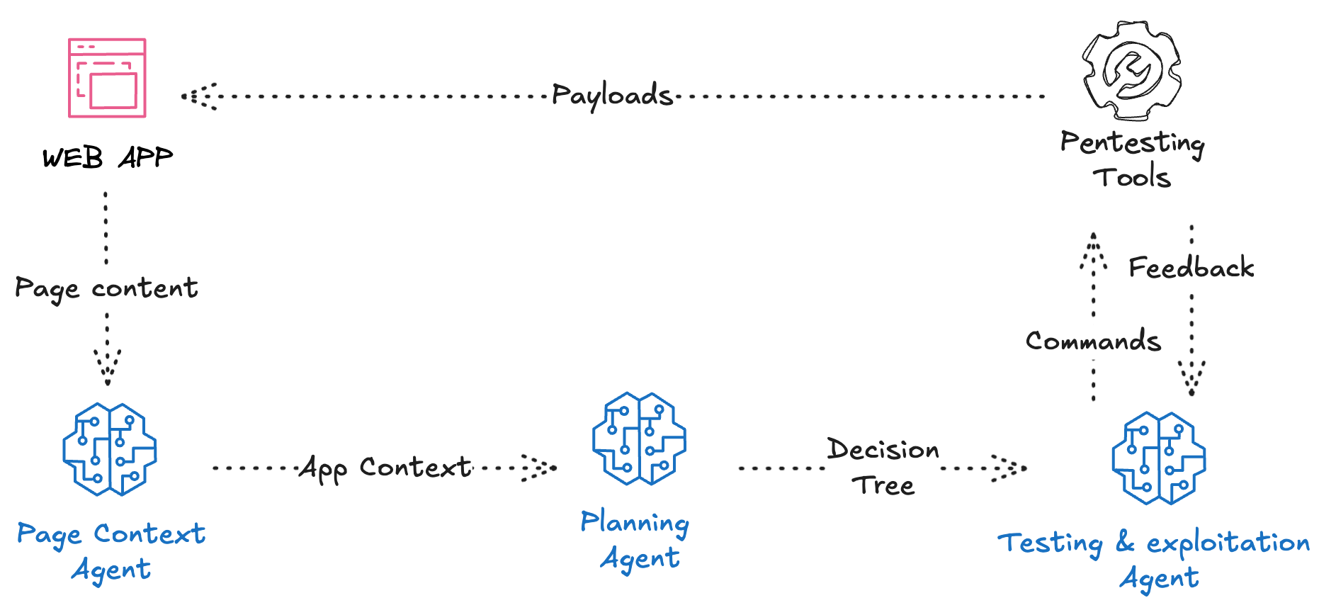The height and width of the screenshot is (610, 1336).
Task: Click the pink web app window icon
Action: coord(107,78)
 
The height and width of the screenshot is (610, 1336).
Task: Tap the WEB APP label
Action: coord(107,157)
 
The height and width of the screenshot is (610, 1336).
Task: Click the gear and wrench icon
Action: coord(1132,70)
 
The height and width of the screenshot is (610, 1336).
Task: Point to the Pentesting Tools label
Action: coord(1132,159)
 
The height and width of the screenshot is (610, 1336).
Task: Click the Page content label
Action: coord(106,288)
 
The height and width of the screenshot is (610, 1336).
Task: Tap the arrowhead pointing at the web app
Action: coord(198,96)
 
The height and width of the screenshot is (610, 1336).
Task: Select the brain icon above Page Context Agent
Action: coord(110,449)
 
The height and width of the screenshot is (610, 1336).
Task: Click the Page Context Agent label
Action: coord(111,551)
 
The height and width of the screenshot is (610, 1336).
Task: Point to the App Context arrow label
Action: coord(385,468)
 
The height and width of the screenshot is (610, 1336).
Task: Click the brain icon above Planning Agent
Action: coord(639,439)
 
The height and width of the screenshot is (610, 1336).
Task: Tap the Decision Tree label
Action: coord(883,467)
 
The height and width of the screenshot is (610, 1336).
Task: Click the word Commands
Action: coord(1093,341)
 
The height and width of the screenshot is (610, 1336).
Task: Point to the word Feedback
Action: coord(1191,268)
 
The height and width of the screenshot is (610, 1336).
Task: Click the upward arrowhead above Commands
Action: coord(1094,252)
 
